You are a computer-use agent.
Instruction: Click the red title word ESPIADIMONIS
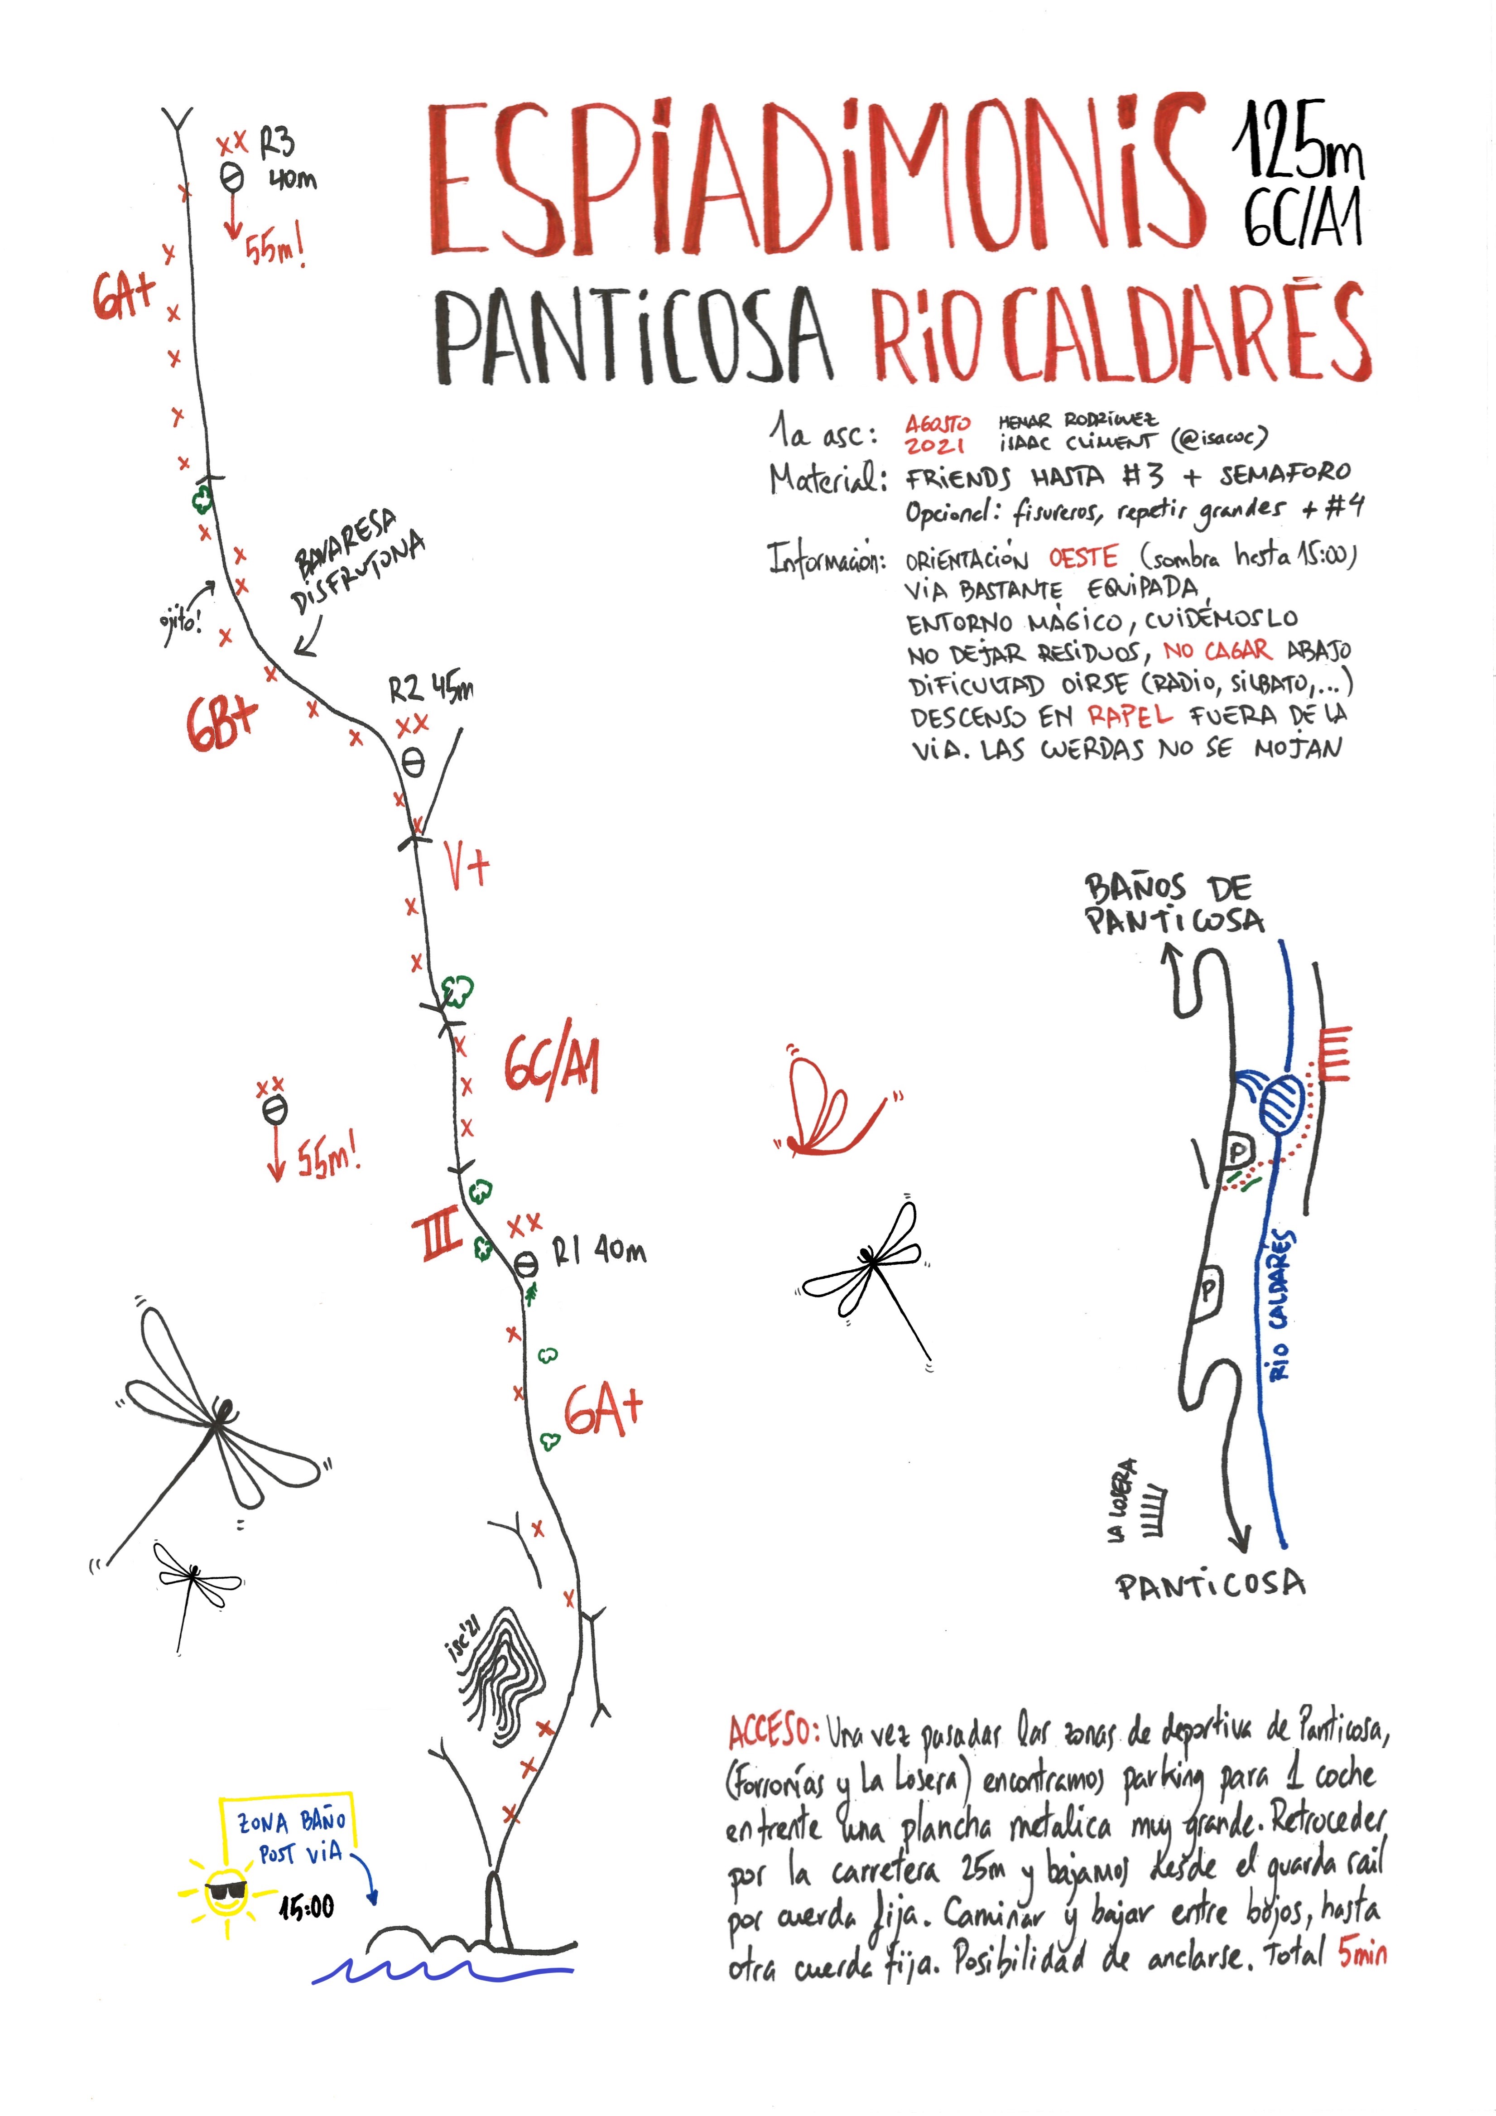[x=815, y=180]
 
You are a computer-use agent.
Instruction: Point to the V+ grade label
[x=467, y=863]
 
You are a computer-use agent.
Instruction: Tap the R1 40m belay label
[x=599, y=1251]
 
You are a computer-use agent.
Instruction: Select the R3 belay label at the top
[x=276, y=143]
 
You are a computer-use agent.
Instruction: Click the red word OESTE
[x=1083, y=558]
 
